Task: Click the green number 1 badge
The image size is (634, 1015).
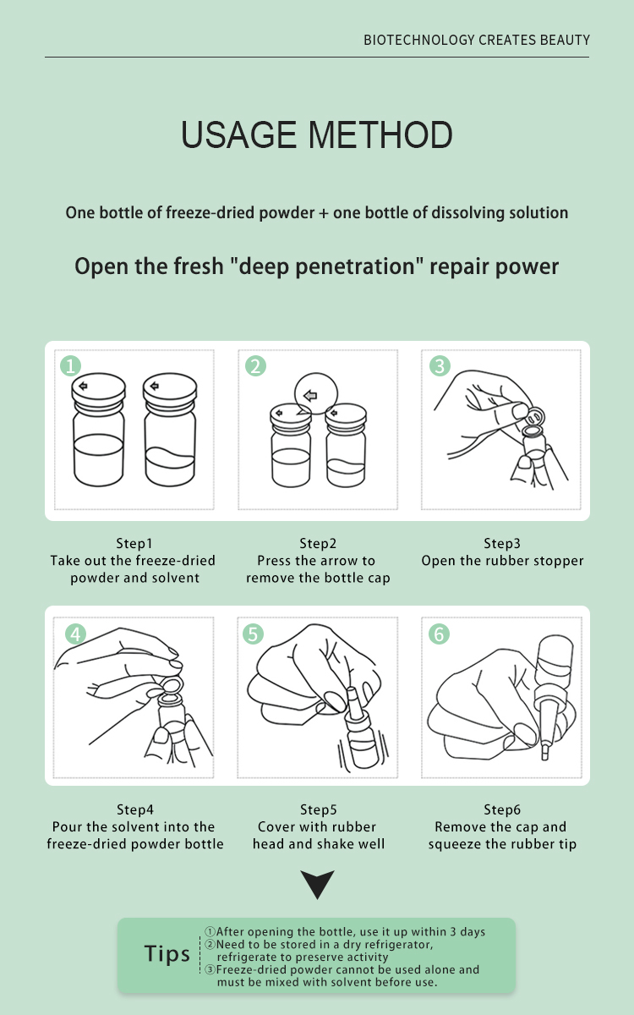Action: [x=71, y=365]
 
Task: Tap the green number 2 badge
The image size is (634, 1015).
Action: [x=255, y=365]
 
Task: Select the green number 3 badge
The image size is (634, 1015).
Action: [x=440, y=365]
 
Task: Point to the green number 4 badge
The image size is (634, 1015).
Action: [x=75, y=634]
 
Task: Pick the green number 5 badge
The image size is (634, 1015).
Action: [x=253, y=634]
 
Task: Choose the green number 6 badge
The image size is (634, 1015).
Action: [x=439, y=634]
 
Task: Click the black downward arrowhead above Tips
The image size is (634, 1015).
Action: [x=318, y=884]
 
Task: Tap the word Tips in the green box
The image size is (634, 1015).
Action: [x=167, y=954]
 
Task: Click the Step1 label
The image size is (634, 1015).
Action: [x=134, y=543]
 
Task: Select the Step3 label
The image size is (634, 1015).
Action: [x=502, y=543]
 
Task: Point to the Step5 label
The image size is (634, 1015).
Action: [x=319, y=809]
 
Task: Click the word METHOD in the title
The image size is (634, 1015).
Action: [x=380, y=134]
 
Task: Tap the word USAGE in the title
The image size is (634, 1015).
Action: [x=239, y=134]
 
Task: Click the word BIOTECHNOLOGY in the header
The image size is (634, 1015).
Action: [x=419, y=40]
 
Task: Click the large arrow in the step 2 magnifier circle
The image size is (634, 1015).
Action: [x=310, y=396]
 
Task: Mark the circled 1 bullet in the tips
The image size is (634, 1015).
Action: [x=210, y=931]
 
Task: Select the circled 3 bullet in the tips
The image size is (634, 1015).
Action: [x=210, y=969]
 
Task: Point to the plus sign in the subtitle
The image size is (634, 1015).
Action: [x=323, y=213]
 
